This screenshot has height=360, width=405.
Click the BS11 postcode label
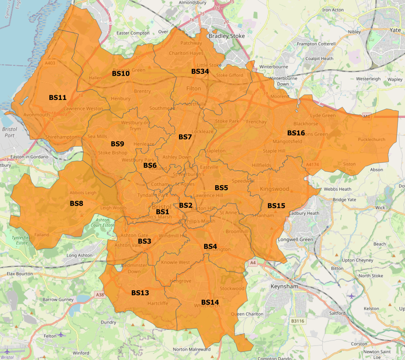tap(58, 97)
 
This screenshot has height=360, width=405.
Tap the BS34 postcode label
tap(200, 71)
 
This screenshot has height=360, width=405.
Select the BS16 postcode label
tap(296, 133)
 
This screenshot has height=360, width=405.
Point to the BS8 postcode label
tap(76, 203)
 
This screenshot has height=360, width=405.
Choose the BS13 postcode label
tap(140, 293)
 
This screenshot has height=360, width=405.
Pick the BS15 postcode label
tap(276, 205)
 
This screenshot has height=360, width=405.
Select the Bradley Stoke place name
tap(227, 36)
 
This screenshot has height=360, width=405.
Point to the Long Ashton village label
tap(80, 255)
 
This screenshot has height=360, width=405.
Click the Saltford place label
tap(337, 313)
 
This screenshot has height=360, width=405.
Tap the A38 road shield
tap(99, 295)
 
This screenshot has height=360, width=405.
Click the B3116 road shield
tap(297, 321)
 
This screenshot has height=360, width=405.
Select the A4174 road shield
tap(312, 164)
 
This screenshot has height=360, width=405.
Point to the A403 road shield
tap(51, 63)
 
